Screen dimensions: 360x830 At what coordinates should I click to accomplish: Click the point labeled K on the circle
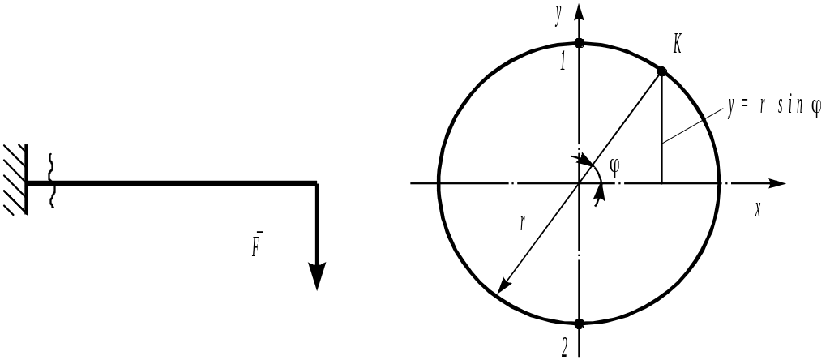coord(661,71)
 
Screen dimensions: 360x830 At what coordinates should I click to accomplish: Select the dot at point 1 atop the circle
coord(579,42)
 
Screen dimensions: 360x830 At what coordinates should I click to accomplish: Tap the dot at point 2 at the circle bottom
coord(579,324)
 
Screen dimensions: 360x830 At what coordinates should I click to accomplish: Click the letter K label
coord(677,47)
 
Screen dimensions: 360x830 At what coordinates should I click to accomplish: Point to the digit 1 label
coord(564,62)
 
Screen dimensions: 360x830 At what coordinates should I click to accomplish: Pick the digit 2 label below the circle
coord(564,347)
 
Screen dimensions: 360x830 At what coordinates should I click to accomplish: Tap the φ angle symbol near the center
coord(614,166)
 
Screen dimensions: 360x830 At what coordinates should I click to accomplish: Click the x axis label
coord(758,208)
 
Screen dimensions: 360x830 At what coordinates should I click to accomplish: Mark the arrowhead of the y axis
coord(579,11)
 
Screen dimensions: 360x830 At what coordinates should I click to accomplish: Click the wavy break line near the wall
coord(52,182)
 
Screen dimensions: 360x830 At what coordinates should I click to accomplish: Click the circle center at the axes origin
coord(579,184)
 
